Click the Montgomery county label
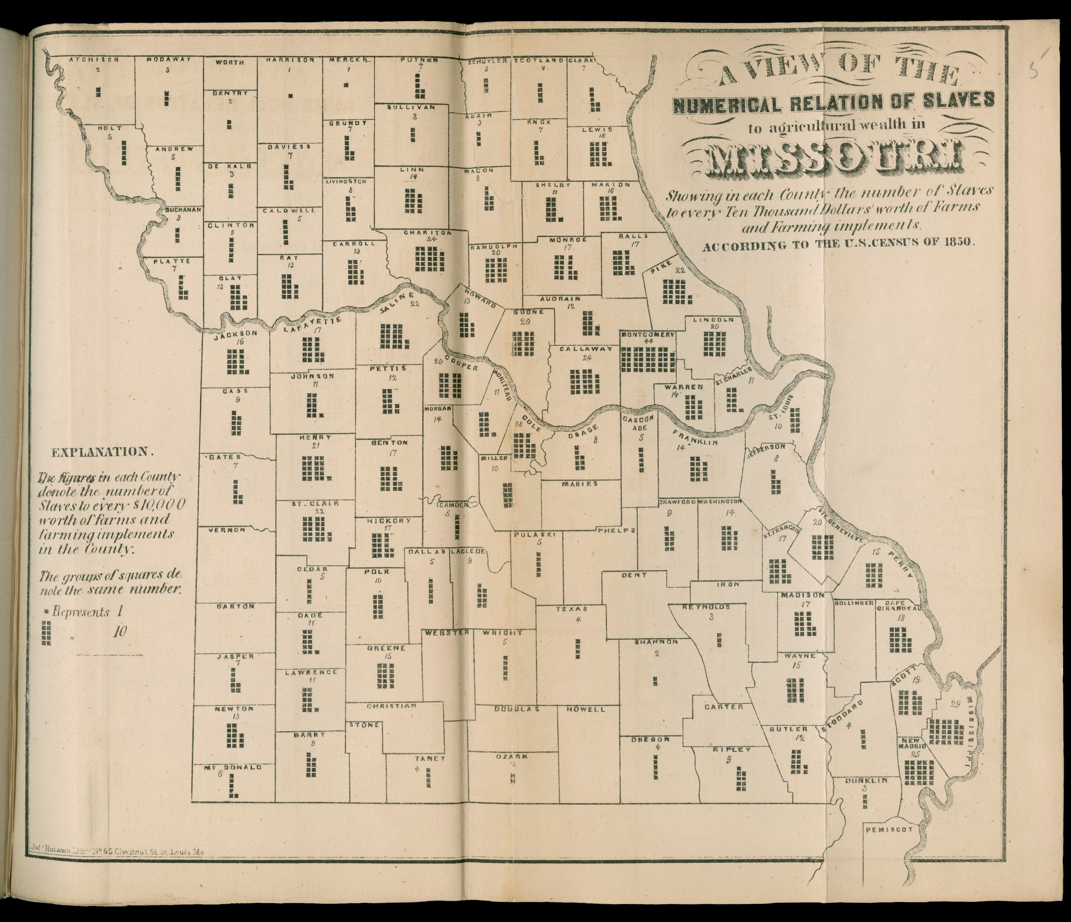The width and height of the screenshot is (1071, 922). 648,335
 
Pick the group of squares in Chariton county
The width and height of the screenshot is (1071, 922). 429,259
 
